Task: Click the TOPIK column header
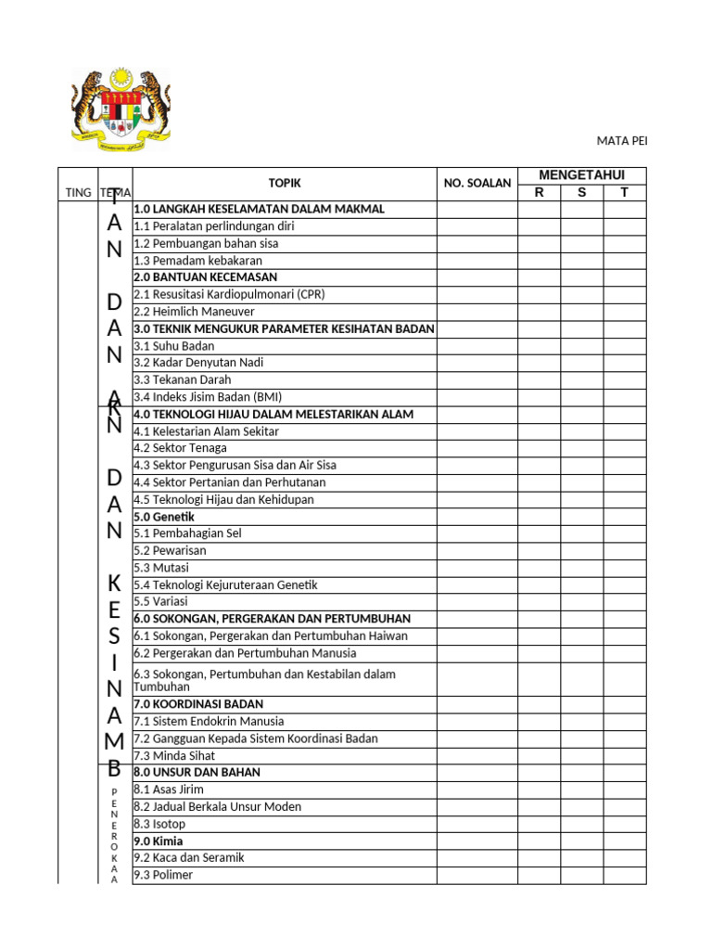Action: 285,184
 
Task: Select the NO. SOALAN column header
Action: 477,184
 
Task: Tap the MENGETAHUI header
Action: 582,175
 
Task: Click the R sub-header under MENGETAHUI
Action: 539,193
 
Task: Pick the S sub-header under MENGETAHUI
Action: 581,193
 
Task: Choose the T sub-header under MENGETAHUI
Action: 624,193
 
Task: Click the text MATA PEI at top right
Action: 621,141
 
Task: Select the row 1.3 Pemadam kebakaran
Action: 193,261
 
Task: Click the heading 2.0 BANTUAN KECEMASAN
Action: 205,277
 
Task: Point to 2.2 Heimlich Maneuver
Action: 194,312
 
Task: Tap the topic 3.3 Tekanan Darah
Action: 183,379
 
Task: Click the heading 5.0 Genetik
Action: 164,517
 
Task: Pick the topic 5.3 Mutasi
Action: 161,568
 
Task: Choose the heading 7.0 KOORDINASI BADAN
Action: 198,704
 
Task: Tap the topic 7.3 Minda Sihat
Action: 174,756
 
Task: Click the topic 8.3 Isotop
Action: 159,824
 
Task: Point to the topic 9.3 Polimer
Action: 163,875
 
